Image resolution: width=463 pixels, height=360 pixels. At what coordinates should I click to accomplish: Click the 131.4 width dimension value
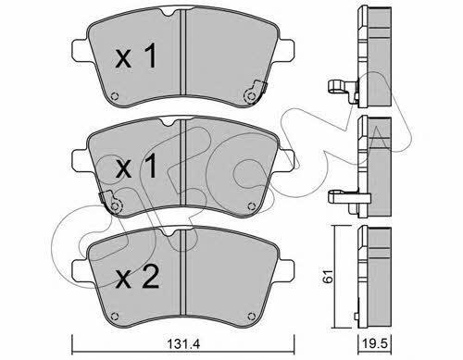pyautogui.click(x=183, y=343)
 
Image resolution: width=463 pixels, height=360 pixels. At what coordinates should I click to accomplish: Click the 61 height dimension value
pyautogui.click(x=328, y=276)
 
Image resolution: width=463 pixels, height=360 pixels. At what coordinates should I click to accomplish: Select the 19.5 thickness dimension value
pyautogui.click(x=375, y=343)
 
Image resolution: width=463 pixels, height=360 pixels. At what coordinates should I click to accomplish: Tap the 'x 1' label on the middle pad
pyautogui.click(x=136, y=167)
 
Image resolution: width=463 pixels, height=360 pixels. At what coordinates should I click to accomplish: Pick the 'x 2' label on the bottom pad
pyautogui.click(x=137, y=277)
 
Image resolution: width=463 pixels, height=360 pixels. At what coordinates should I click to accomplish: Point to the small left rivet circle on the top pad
pyautogui.click(x=114, y=96)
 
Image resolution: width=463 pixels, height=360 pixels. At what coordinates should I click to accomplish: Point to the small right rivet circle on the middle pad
pyautogui.click(x=252, y=206)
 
